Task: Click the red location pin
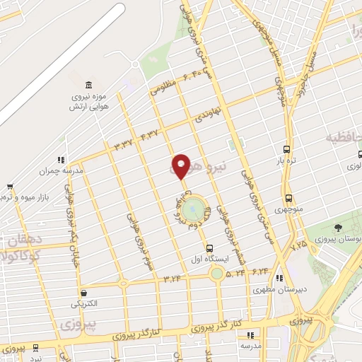[x=181, y=166]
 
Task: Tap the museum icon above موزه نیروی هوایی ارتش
[x=88, y=84]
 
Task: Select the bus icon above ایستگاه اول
[x=209, y=248]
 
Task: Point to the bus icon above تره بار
[x=286, y=149]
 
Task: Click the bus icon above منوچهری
[x=288, y=199]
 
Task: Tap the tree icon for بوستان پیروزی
[x=337, y=228]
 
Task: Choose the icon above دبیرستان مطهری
[x=280, y=278]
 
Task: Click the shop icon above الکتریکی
[x=83, y=293]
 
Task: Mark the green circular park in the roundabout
[x=192, y=209]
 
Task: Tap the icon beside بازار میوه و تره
[x=9, y=188]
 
